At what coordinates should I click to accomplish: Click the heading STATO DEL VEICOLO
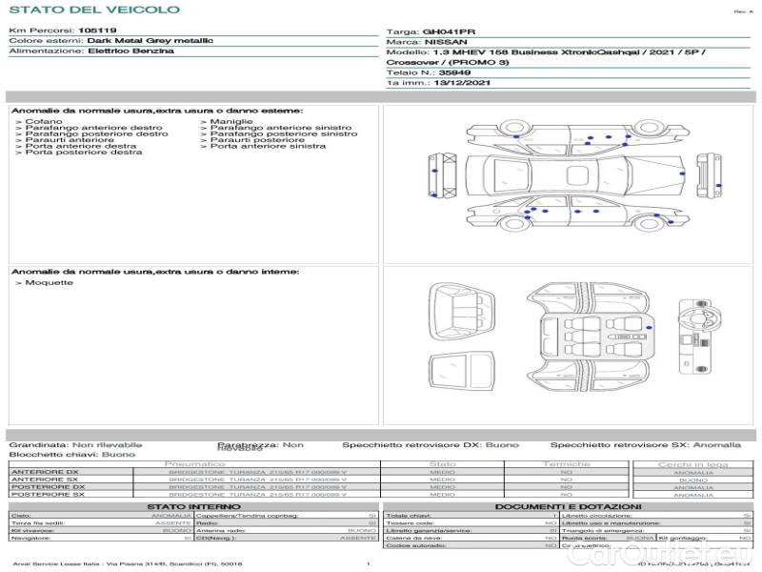point(93,10)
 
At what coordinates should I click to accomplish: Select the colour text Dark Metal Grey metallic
point(150,41)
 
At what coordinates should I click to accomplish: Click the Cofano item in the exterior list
point(43,122)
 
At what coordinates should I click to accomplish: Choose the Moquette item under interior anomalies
point(47,283)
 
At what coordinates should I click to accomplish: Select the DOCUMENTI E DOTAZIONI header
point(568,507)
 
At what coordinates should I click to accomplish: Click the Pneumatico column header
point(201,464)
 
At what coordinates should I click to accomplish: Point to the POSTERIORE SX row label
point(47,495)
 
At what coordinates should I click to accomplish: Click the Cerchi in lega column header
point(692,464)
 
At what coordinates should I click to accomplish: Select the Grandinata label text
point(37,444)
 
